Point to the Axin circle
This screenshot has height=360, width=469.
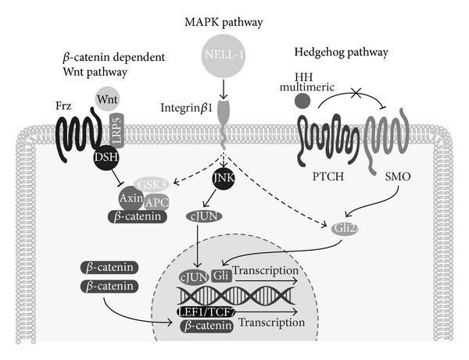[131, 199]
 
